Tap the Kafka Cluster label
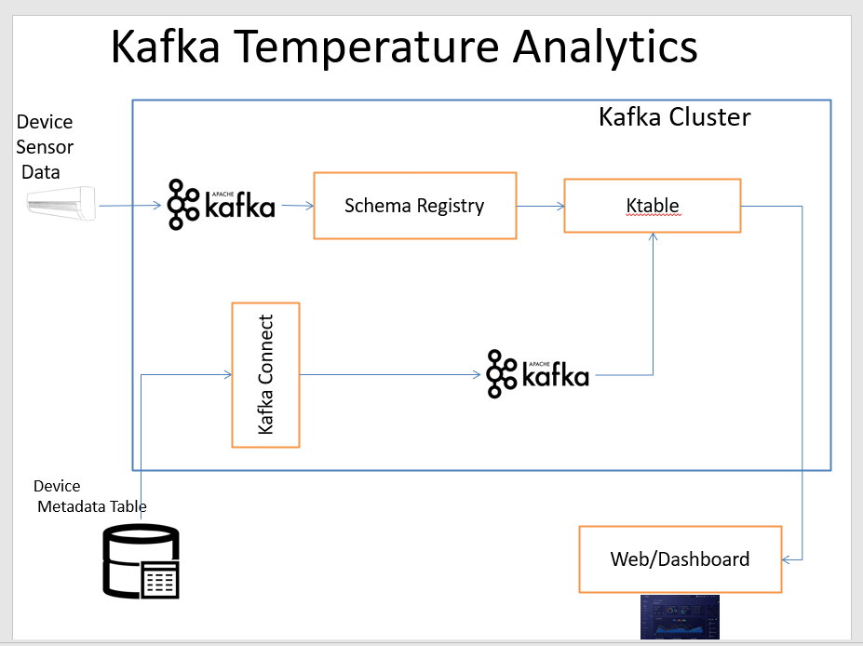674,117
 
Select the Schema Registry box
414,206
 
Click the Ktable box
652,206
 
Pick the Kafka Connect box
265,374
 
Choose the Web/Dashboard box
680,559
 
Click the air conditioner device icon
61,204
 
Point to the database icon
141,562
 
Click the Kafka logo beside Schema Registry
222,205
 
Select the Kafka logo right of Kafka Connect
538,374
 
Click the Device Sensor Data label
44,147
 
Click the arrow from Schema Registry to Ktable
540,206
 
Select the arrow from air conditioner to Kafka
130,206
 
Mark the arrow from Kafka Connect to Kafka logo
391,375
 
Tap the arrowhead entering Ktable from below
654,238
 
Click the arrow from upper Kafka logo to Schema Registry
296,206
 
